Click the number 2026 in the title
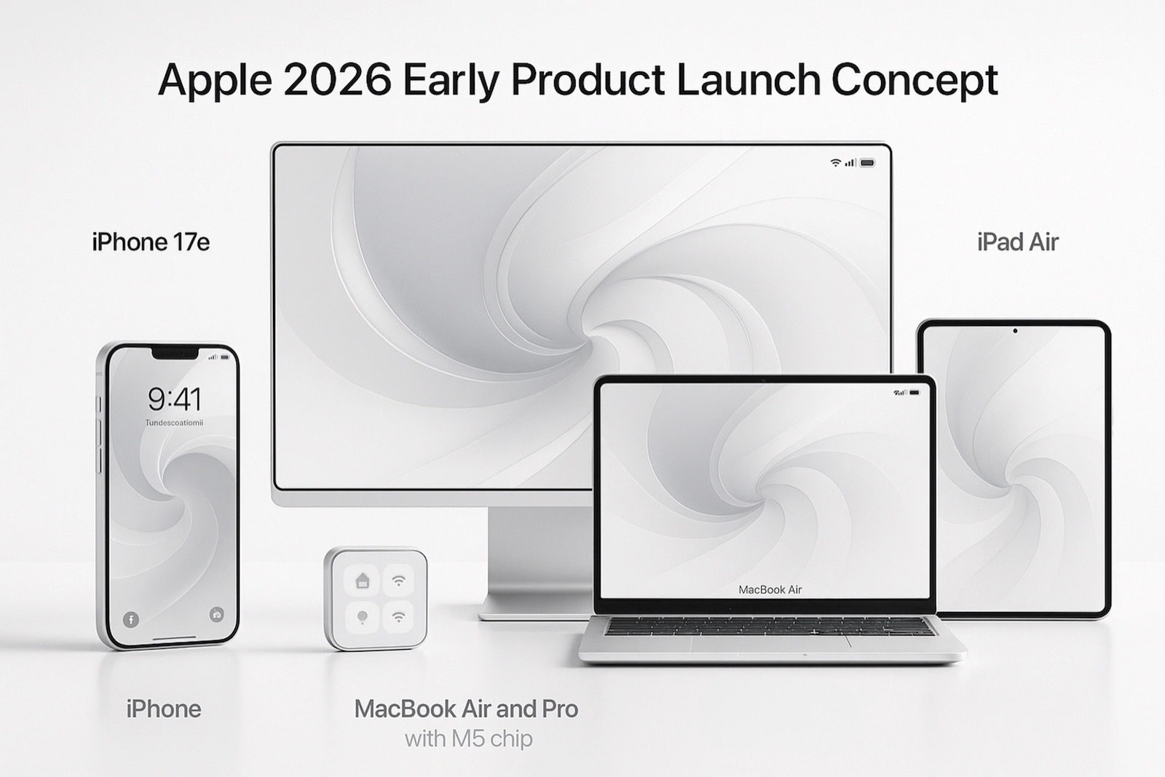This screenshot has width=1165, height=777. (336, 80)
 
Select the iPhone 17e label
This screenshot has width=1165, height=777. (151, 242)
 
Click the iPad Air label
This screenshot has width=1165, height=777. (1017, 242)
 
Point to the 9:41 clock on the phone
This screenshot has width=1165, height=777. (175, 399)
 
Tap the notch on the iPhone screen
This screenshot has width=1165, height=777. (174, 354)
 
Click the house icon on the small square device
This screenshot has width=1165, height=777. (362, 581)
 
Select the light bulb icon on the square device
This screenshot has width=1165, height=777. (362, 618)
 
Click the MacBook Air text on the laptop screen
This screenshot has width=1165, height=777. (770, 589)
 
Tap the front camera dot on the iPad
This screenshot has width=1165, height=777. (1015, 331)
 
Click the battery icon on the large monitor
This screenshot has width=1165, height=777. (867, 163)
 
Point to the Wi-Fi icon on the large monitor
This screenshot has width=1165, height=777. (836, 163)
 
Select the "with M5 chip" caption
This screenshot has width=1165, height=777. (468, 738)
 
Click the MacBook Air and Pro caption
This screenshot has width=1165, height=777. (466, 709)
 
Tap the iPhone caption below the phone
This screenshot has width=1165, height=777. (163, 709)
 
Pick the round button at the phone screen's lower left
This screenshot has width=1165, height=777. (131, 619)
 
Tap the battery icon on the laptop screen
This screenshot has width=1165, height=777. (915, 392)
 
